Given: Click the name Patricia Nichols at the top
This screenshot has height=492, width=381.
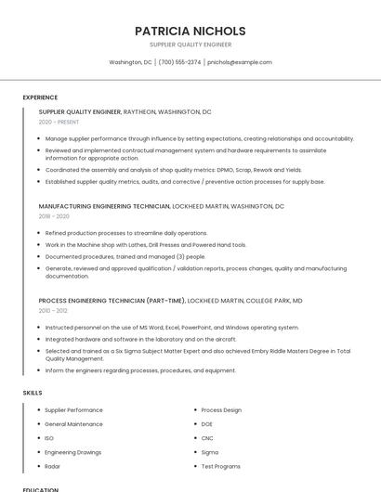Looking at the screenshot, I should click(190, 30).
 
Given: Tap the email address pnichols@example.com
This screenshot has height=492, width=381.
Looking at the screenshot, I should click(239, 62).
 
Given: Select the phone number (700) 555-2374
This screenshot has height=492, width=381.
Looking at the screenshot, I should click(179, 62).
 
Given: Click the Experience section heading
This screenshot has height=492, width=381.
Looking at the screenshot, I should click(40, 97).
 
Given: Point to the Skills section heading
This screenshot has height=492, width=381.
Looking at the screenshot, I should click(33, 393).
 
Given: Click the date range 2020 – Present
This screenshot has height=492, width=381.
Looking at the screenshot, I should click(59, 122).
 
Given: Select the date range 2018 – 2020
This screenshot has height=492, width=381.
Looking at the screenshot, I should click(54, 216).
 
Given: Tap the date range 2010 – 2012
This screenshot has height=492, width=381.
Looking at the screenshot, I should click(54, 311).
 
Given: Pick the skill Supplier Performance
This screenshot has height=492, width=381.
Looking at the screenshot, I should click(73, 410).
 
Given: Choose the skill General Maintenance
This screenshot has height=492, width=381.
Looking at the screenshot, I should click(73, 424).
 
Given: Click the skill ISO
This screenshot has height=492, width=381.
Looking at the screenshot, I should click(49, 438).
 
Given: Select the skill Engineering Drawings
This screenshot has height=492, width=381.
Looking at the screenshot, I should click(72, 452).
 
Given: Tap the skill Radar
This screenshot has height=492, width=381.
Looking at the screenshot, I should click(52, 466).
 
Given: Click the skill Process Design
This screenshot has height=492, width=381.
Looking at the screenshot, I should click(221, 410).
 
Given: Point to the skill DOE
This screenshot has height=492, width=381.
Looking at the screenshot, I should click(207, 424).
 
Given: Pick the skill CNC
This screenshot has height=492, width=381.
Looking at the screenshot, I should click(207, 438).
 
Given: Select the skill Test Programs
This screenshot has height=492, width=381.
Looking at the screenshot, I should click(220, 466).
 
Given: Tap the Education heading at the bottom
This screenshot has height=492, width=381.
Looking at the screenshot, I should click(40, 489).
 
